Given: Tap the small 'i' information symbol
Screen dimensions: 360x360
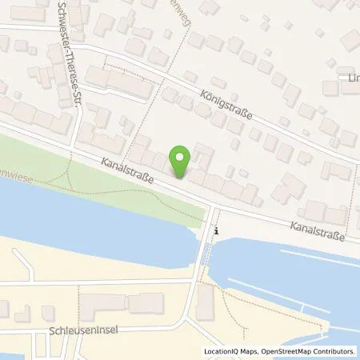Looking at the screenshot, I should (215, 230).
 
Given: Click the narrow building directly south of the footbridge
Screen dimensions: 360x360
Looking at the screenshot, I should (206, 300).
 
